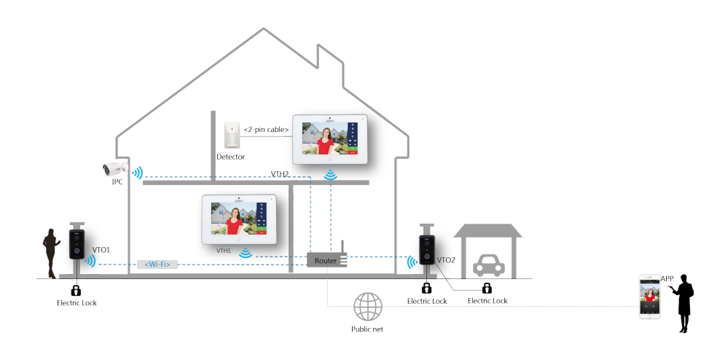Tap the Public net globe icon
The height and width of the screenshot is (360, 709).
pyautogui.click(x=367, y=307)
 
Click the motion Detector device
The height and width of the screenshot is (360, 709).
pyautogui.click(x=232, y=135)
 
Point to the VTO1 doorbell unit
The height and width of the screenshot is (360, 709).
pyautogui.click(x=77, y=245)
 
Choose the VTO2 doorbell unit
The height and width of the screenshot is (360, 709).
pyautogui.click(x=427, y=250)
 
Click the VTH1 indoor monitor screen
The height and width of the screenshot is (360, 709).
pyautogui.click(x=239, y=219)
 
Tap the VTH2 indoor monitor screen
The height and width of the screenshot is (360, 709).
pyautogui.click(x=329, y=139)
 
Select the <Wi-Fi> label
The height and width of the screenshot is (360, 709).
pyautogui.click(x=157, y=264)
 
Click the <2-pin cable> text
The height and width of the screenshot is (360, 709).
pyautogui.click(x=266, y=129)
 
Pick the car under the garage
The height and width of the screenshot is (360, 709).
pyautogui.click(x=489, y=265)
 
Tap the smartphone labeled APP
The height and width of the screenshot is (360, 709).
pyautogui.click(x=650, y=297)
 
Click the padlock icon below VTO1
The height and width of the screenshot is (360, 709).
pyautogui.click(x=76, y=290)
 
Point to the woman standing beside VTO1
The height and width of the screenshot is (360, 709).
pyautogui.click(x=51, y=254)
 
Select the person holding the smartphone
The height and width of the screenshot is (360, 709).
pyautogui.click(x=683, y=303)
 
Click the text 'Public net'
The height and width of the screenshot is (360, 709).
pyautogui.click(x=367, y=329)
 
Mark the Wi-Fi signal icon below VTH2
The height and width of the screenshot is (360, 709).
pyautogui.click(x=331, y=175)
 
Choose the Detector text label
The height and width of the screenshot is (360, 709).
pyautogui.click(x=230, y=157)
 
